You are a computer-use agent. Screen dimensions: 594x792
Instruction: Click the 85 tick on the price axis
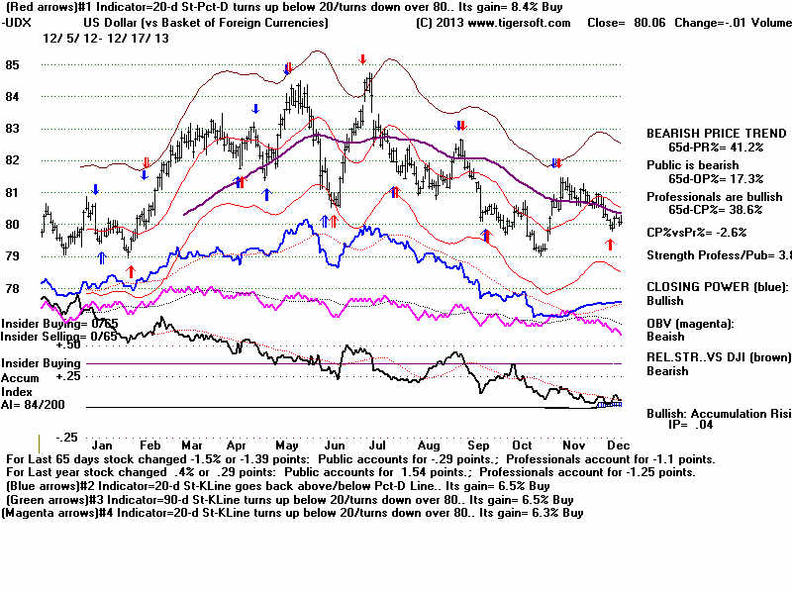click(x=12, y=65)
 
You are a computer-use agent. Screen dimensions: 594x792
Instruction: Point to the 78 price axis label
click(x=12, y=288)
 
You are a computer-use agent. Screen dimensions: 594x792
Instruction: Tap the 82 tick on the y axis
click(x=12, y=160)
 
